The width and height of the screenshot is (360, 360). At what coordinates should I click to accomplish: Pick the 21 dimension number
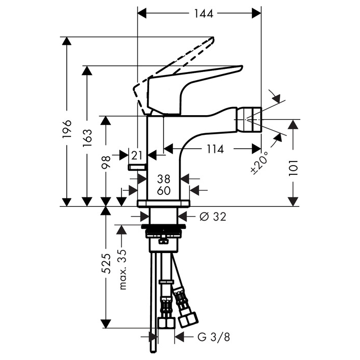[x=136, y=154]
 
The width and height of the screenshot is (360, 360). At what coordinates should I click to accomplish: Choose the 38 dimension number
[x=164, y=178]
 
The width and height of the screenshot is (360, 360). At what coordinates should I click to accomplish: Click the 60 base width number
[x=164, y=191]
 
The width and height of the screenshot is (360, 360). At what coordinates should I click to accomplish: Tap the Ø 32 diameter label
[x=212, y=217]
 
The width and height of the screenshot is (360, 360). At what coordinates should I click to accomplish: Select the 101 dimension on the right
[x=294, y=166]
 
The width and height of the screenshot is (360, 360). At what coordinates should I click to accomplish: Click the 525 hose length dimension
[x=106, y=265]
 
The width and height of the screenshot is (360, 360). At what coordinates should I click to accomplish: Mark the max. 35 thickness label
[x=122, y=269]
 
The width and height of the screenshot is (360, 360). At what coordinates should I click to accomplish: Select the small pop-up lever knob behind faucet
[x=137, y=167]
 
